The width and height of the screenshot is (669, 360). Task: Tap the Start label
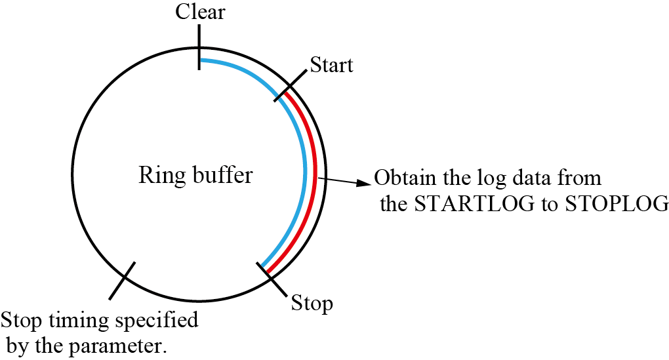(x=331, y=65)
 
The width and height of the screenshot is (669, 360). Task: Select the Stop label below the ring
(x=312, y=304)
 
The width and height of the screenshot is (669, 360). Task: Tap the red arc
(x=316, y=177)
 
